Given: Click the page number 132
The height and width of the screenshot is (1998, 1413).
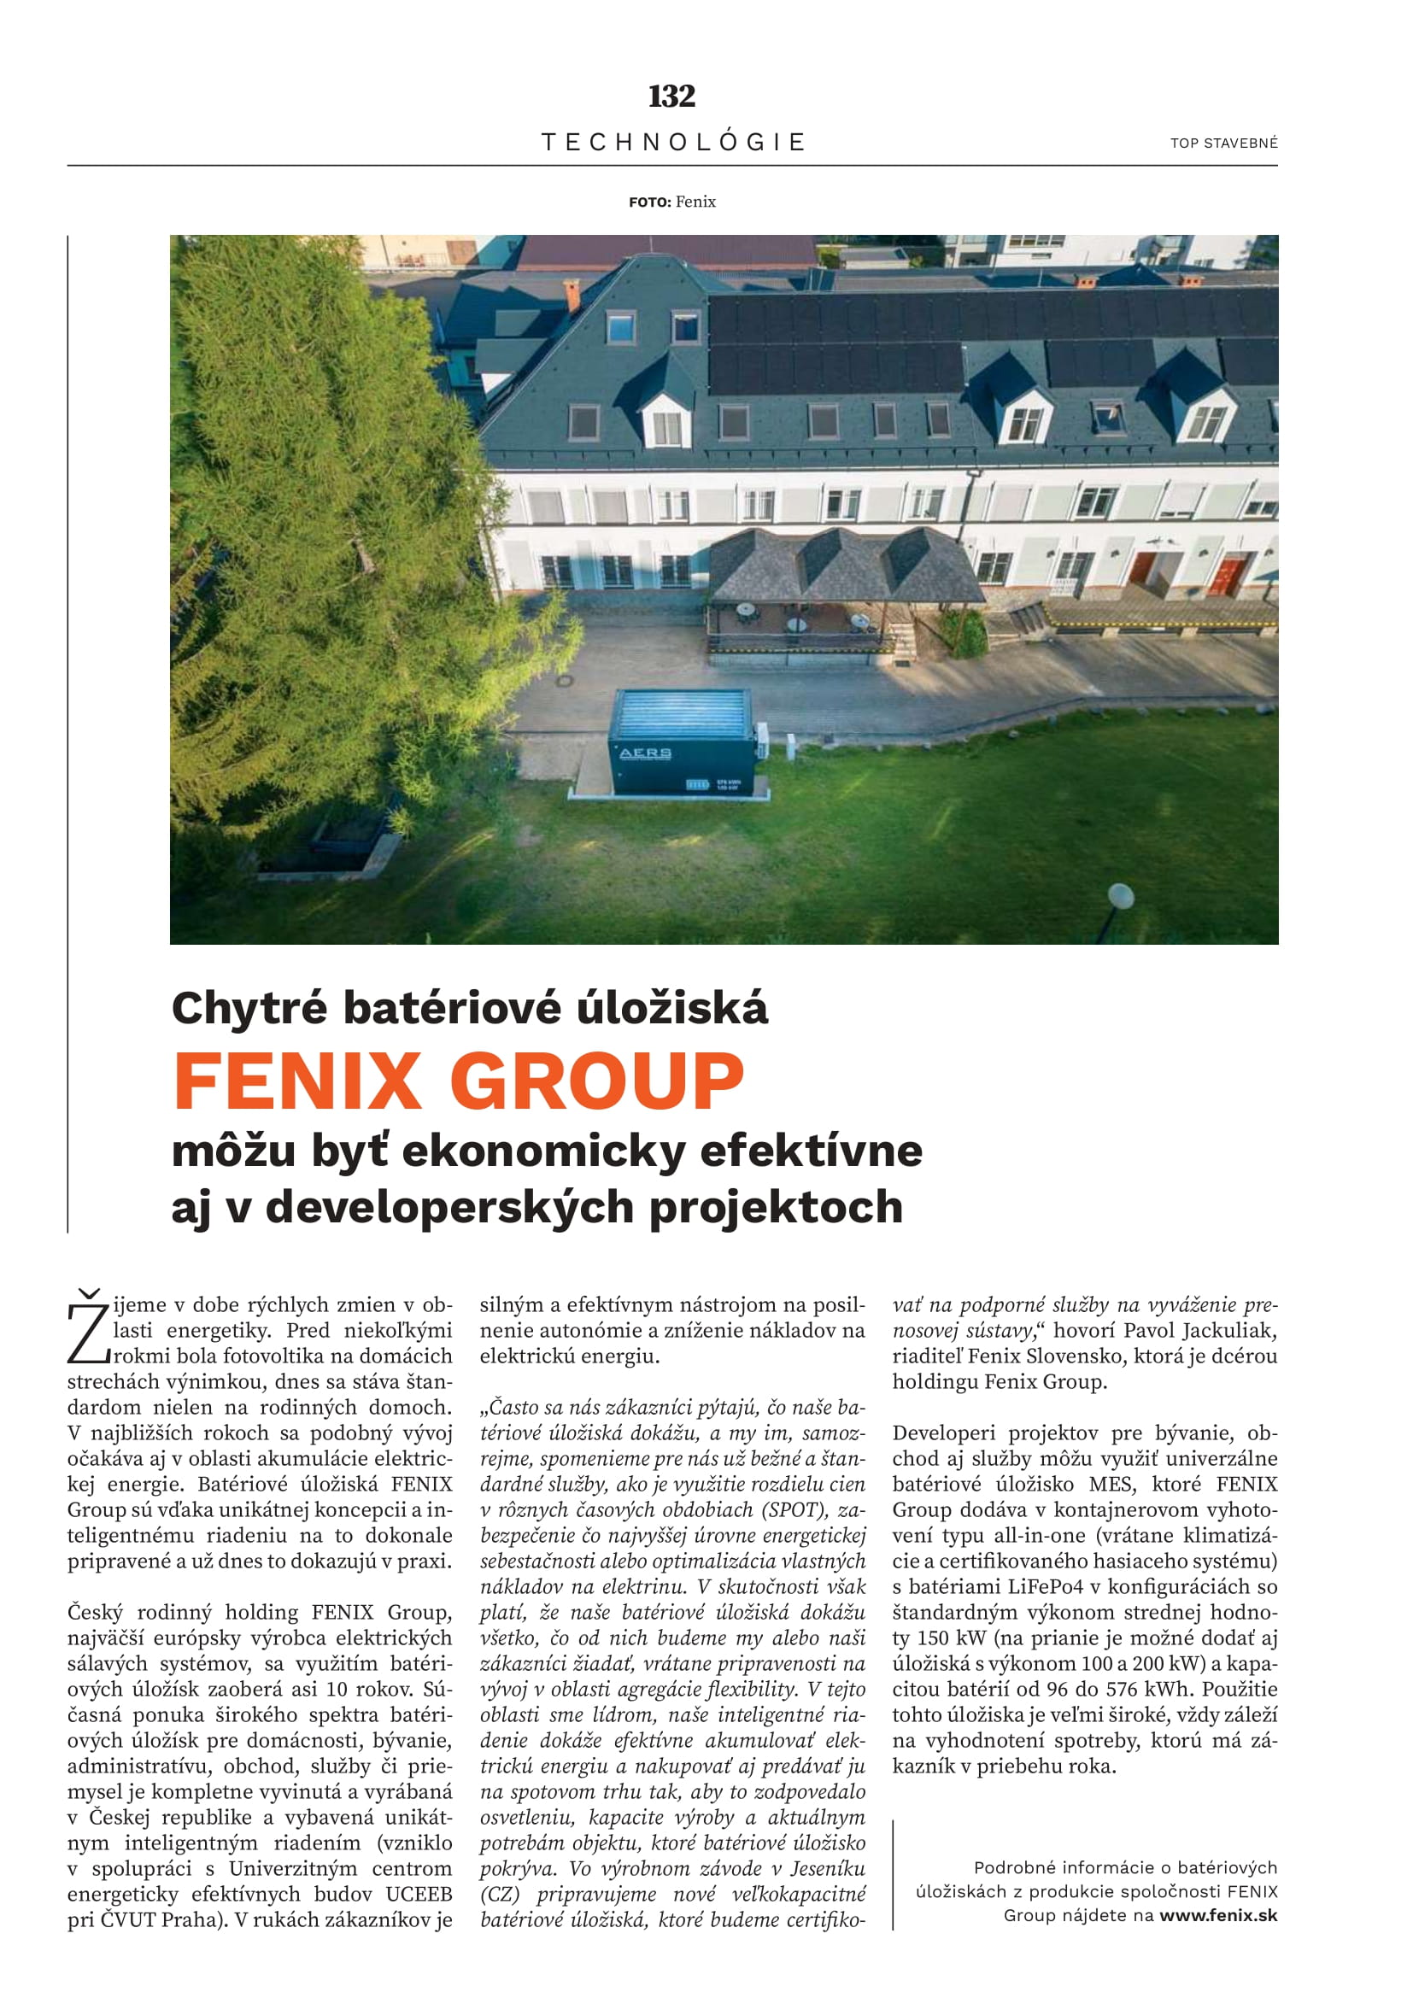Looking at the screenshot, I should tap(671, 96).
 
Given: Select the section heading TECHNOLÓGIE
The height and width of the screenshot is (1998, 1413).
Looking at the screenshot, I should tap(673, 142).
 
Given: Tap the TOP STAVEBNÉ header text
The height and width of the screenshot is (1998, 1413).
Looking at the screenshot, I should tap(1223, 144).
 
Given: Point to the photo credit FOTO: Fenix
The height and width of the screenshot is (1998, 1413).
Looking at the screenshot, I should tap(671, 202).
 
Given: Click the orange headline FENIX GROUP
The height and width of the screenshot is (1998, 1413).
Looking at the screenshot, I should tap(459, 1081).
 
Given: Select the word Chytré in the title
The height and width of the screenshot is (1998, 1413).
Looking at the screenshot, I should tap(249, 1009).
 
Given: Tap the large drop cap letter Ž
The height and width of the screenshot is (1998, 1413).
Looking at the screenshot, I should tap(88, 1329).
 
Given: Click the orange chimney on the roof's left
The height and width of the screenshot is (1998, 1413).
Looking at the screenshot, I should tap(572, 293).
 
